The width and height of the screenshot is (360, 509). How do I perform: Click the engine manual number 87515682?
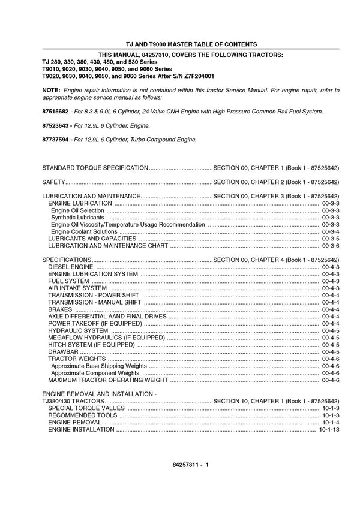55,112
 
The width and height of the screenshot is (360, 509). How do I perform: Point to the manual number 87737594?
55,140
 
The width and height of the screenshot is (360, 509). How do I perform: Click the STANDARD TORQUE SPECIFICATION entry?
95,167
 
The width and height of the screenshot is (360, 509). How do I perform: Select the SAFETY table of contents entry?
53,182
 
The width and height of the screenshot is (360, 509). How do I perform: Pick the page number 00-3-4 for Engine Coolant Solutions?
331,231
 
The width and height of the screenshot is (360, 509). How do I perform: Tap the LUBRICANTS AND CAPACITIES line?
91,239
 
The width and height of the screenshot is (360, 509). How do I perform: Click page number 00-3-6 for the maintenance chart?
331,246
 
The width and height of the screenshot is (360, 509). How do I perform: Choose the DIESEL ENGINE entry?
71,267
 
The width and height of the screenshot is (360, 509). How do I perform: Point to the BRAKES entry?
59,309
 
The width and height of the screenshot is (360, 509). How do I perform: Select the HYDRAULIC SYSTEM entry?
78,330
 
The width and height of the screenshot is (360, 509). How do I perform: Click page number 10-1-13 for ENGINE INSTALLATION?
329,430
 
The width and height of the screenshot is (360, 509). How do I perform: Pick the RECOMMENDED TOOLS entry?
83,415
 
